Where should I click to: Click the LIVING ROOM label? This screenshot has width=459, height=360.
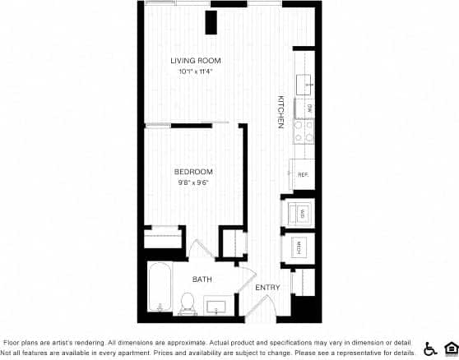[195, 62]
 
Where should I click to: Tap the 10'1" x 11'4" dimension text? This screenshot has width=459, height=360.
[195, 72]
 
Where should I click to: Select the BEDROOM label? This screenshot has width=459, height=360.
[193, 172]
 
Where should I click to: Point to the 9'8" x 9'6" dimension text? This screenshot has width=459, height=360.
[193, 182]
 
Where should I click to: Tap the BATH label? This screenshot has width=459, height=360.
[202, 279]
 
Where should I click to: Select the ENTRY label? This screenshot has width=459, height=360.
[267, 288]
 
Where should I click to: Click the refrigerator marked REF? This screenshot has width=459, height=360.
[302, 174]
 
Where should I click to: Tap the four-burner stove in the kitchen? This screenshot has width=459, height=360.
[304, 132]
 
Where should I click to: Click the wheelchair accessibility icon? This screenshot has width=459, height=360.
[429, 348]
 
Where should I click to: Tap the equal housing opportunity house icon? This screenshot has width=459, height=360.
[449, 348]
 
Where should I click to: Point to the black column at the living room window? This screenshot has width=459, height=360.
[211, 22]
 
